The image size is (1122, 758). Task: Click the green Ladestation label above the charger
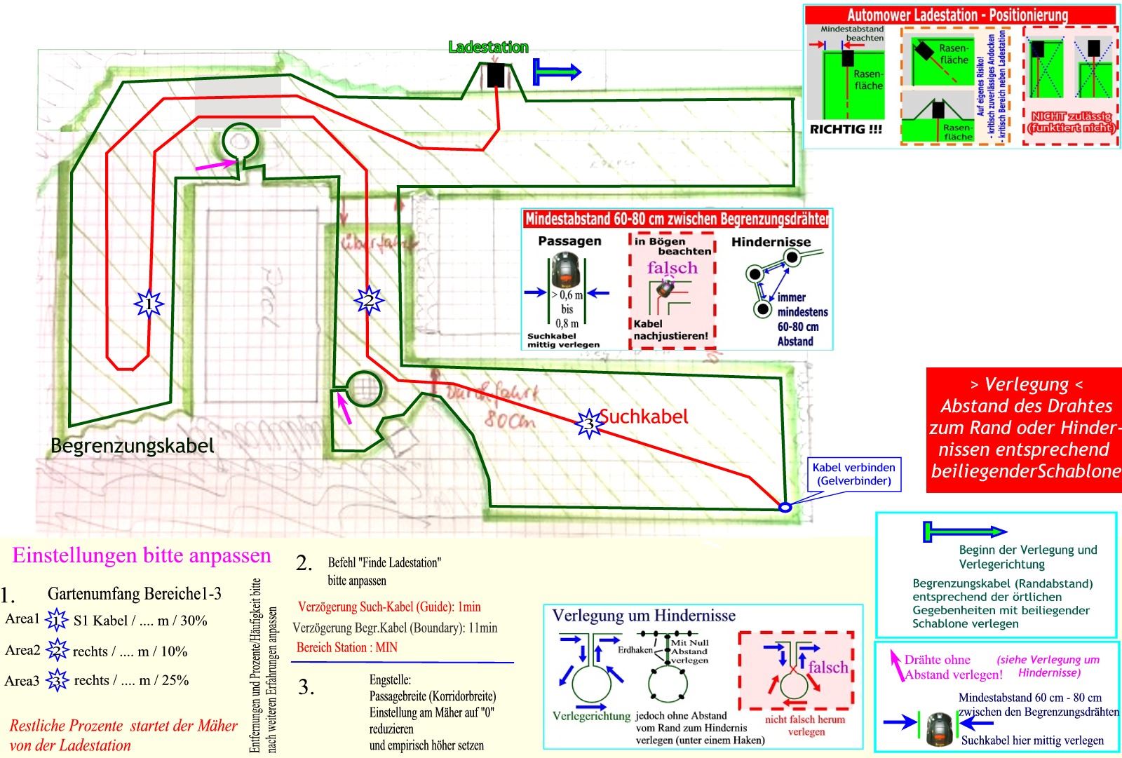click(x=488, y=48)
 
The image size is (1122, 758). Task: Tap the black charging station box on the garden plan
click(x=496, y=75)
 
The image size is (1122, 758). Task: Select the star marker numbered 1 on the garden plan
click(x=149, y=304)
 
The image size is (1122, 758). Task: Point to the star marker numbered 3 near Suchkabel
click(x=589, y=424)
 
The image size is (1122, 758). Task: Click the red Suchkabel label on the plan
click(x=644, y=417)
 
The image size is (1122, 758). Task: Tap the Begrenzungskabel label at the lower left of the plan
click(x=132, y=445)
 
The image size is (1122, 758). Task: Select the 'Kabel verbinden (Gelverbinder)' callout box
click(x=853, y=474)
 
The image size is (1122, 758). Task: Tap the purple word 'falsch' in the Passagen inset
click(x=672, y=268)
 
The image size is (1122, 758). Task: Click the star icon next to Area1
click(x=55, y=621)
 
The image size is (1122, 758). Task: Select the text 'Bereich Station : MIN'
click(x=347, y=647)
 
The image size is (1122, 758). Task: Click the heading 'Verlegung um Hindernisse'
click(x=644, y=616)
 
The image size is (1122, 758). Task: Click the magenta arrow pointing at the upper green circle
click(x=215, y=166)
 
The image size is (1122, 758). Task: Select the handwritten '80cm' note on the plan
click(x=509, y=421)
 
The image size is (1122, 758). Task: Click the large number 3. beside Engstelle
click(x=306, y=687)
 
